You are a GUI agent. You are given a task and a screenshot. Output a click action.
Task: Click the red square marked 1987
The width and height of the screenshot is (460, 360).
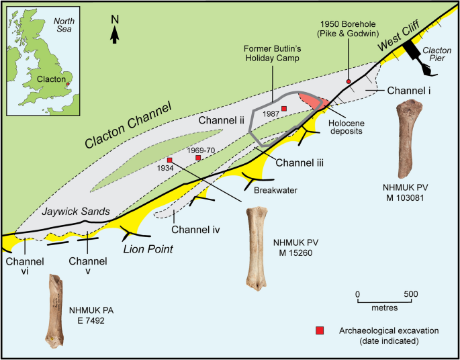pos(284,108)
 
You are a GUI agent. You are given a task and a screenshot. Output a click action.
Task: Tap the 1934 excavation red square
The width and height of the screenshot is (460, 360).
pos(170,160)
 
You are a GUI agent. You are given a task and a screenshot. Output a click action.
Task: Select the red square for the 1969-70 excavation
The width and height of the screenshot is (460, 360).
pos(198,158)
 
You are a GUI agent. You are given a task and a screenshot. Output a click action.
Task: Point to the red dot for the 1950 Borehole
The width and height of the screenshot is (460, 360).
pos(348,81)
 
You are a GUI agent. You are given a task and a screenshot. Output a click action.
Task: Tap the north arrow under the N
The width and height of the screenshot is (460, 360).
pos(115,36)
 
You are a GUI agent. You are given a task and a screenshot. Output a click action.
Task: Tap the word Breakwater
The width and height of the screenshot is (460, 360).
pos(275,190)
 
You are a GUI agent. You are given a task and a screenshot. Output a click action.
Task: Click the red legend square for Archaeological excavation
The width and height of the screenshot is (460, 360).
pos(320,330)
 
